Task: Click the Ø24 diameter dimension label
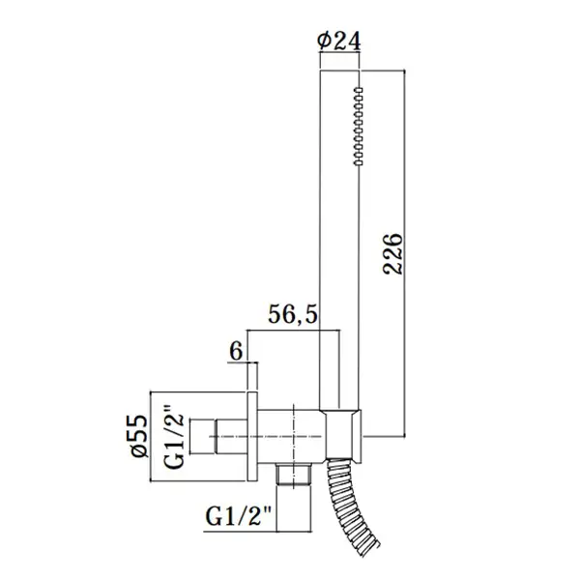pyautogui.click(x=339, y=41)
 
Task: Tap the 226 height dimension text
pyautogui.click(x=392, y=253)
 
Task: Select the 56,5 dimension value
pyautogui.click(x=293, y=314)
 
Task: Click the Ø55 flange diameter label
pyautogui.click(x=140, y=436)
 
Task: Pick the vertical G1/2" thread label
pyautogui.click(x=174, y=437)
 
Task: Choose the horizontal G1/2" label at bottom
pyautogui.click(x=239, y=516)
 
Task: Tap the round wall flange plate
pyautogui.click(x=252, y=436)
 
